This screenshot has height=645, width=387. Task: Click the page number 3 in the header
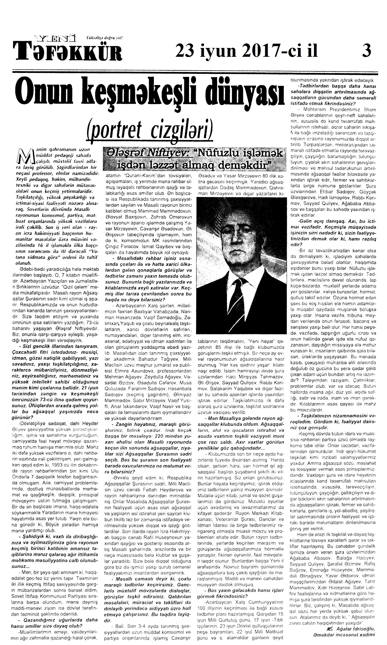pos(367,51)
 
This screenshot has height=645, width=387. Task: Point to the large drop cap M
pos(26,158)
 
